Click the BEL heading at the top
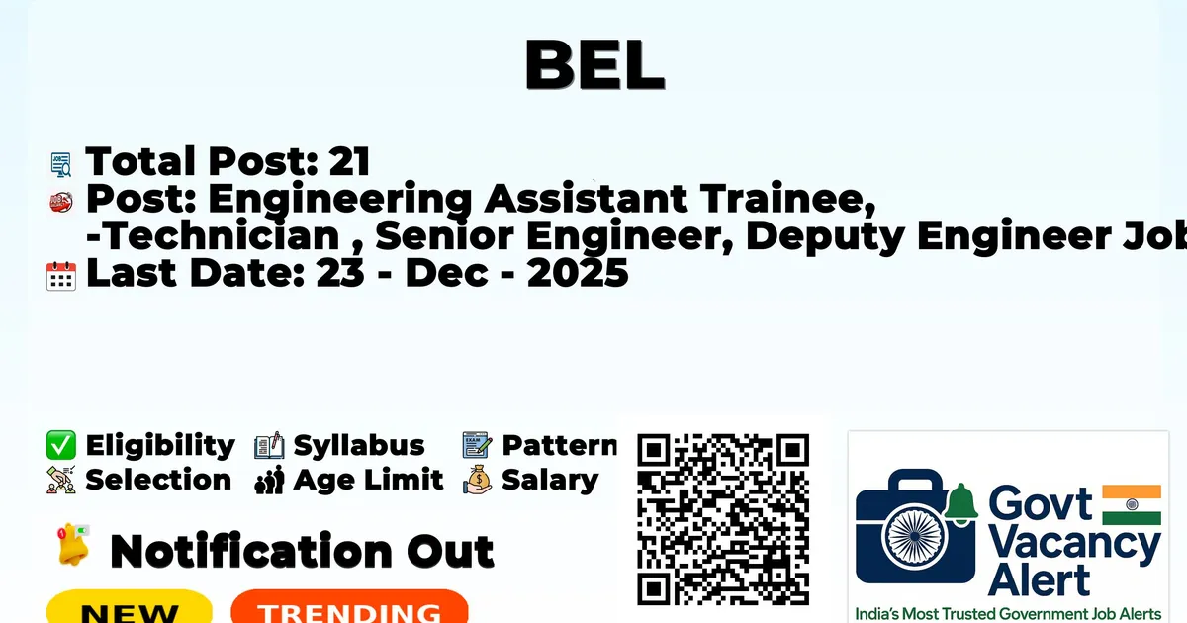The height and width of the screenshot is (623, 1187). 594,64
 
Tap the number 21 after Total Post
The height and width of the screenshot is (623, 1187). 349,161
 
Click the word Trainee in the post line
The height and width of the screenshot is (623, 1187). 788,199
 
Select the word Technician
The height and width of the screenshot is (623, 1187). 219,235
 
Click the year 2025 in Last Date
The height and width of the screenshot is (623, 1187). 578,273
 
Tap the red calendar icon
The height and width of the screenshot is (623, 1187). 61,276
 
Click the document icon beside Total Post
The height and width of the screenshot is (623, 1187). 61,164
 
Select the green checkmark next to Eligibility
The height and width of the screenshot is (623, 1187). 61,445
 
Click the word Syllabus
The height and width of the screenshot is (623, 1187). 359,446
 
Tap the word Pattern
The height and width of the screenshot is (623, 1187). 560,445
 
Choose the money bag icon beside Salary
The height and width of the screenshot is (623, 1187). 478,480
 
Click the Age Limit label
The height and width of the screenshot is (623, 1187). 368,480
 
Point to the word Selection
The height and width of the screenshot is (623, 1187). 158,480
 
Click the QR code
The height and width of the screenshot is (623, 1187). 723,519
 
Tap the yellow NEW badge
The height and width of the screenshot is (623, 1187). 130,607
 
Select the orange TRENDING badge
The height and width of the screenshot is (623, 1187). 350,607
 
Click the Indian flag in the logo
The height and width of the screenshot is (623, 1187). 1132,505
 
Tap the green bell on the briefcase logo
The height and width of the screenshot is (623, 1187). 960,502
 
